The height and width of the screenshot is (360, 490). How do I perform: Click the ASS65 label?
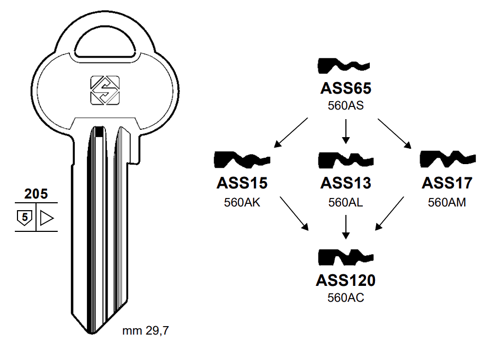(345, 88)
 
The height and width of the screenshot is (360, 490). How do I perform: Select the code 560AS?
(345, 105)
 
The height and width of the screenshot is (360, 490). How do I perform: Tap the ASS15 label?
(242, 183)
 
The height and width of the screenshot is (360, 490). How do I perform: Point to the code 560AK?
(242, 202)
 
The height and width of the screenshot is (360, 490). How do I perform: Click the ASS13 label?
(345, 183)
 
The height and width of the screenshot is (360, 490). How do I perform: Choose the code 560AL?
(345, 202)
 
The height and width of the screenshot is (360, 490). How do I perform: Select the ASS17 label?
(447, 183)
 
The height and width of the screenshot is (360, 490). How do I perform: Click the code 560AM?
(447, 202)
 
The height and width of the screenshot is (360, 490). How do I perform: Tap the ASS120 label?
(345, 280)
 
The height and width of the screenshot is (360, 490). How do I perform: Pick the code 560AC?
(345, 298)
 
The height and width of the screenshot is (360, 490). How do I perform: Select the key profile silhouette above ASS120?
(345, 258)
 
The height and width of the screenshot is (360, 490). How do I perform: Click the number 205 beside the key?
(35, 194)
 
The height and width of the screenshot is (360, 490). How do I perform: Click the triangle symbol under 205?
(47, 217)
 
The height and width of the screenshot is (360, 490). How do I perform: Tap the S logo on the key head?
(104, 90)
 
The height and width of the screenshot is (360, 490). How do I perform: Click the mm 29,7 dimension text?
(146, 332)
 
